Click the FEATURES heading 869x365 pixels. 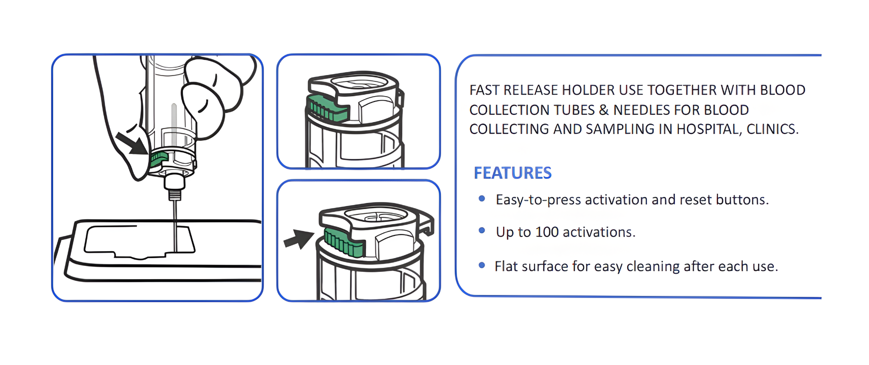[512, 173]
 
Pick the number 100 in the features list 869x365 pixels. [547, 232]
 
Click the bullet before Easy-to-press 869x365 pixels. [482, 199]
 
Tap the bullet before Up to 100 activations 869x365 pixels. [482, 231]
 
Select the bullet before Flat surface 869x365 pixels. [482, 265]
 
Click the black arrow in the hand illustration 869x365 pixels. [131, 143]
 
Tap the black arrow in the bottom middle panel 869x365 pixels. [299, 239]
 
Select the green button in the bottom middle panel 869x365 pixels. [343, 242]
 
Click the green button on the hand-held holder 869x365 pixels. [159, 158]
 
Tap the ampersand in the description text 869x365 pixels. [604, 110]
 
